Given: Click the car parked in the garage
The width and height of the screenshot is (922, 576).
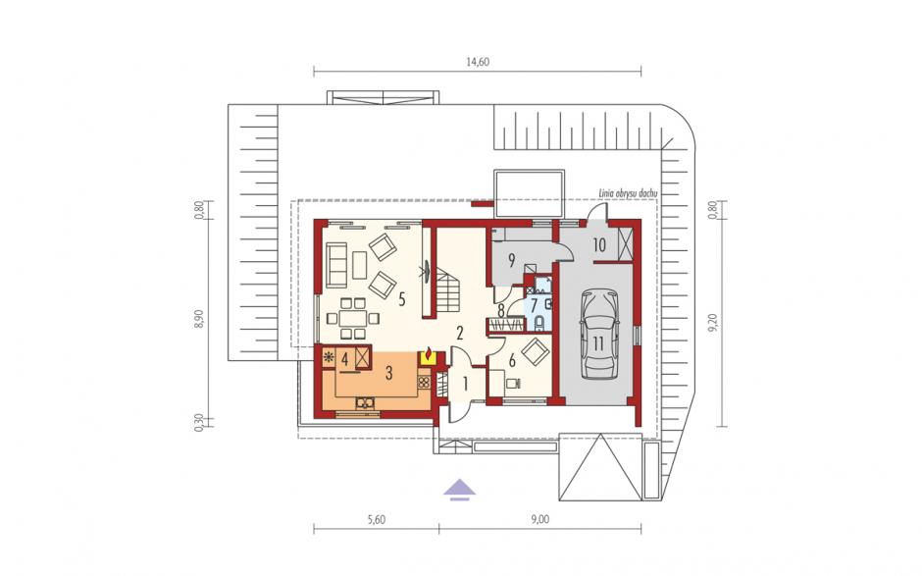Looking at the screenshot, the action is click(x=598, y=333).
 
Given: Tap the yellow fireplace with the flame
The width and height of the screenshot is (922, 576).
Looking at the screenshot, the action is click(x=428, y=356).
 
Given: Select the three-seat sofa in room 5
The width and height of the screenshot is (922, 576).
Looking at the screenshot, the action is click(x=335, y=265).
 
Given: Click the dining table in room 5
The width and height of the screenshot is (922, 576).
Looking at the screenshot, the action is click(x=352, y=318).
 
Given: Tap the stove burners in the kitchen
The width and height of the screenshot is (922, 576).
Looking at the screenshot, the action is click(x=424, y=383).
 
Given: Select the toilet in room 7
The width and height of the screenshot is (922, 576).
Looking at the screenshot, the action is click(x=539, y=323).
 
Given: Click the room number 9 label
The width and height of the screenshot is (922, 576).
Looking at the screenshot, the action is click(x=512, y=261).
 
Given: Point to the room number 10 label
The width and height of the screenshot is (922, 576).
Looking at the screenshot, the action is click(x=599, y=244).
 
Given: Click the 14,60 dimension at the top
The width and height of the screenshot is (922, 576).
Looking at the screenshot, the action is click(x=478, y=63).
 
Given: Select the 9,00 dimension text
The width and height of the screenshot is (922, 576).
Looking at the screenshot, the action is click(x=539, y=519).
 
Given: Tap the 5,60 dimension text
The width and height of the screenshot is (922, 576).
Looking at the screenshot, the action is click(x=376, y=519).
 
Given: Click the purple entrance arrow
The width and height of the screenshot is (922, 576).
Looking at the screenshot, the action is click(x=460, y=490).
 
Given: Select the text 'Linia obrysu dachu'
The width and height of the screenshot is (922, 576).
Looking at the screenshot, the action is click(x=628, y=193).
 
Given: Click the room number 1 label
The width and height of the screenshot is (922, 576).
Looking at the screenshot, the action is click(x=465, y=385).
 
